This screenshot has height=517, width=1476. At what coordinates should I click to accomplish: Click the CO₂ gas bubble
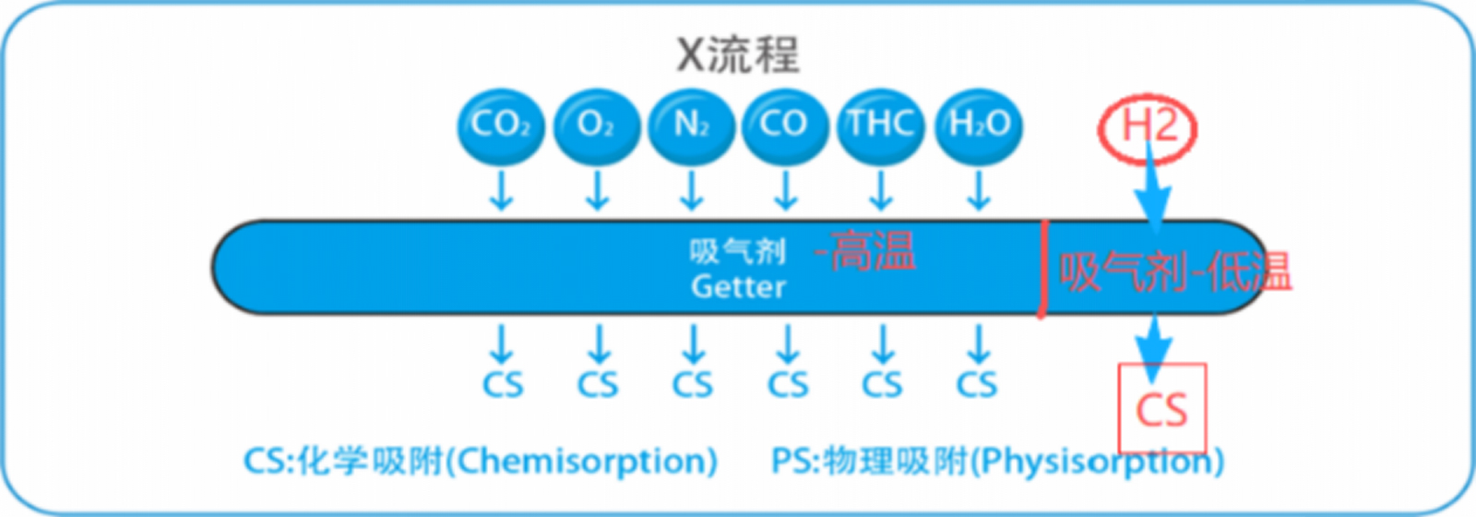(501, 126)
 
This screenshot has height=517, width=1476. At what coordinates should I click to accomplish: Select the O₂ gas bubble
(596, 126)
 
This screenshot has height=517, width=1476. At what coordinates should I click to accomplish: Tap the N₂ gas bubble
(691, 126)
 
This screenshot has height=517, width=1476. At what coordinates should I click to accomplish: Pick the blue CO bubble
(785, 126)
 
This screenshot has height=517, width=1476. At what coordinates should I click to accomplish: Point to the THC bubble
(881, 126)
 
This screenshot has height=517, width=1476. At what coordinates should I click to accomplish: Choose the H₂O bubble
(979, 126)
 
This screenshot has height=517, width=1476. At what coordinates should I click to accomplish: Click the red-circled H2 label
(1148, 127)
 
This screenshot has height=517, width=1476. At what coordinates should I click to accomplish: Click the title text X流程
(738, 54)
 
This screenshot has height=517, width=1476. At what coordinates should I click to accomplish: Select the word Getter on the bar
(738, 287)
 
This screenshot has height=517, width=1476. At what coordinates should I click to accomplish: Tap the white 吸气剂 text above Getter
(737, 251)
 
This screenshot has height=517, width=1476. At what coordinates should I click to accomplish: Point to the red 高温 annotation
(873, 251)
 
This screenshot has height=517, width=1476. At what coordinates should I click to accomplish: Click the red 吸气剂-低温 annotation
(1174, 272)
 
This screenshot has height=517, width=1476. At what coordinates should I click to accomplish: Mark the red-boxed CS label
(1161, 410)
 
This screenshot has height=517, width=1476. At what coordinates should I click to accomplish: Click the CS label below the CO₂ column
(503, 384)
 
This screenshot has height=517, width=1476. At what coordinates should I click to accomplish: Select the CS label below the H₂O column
(977, 384)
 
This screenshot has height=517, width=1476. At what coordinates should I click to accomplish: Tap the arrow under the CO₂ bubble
(501, 190)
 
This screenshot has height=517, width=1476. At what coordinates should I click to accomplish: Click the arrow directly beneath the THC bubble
(881, 190)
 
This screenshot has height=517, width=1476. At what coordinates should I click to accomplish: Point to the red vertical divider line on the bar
(1044, 269)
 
